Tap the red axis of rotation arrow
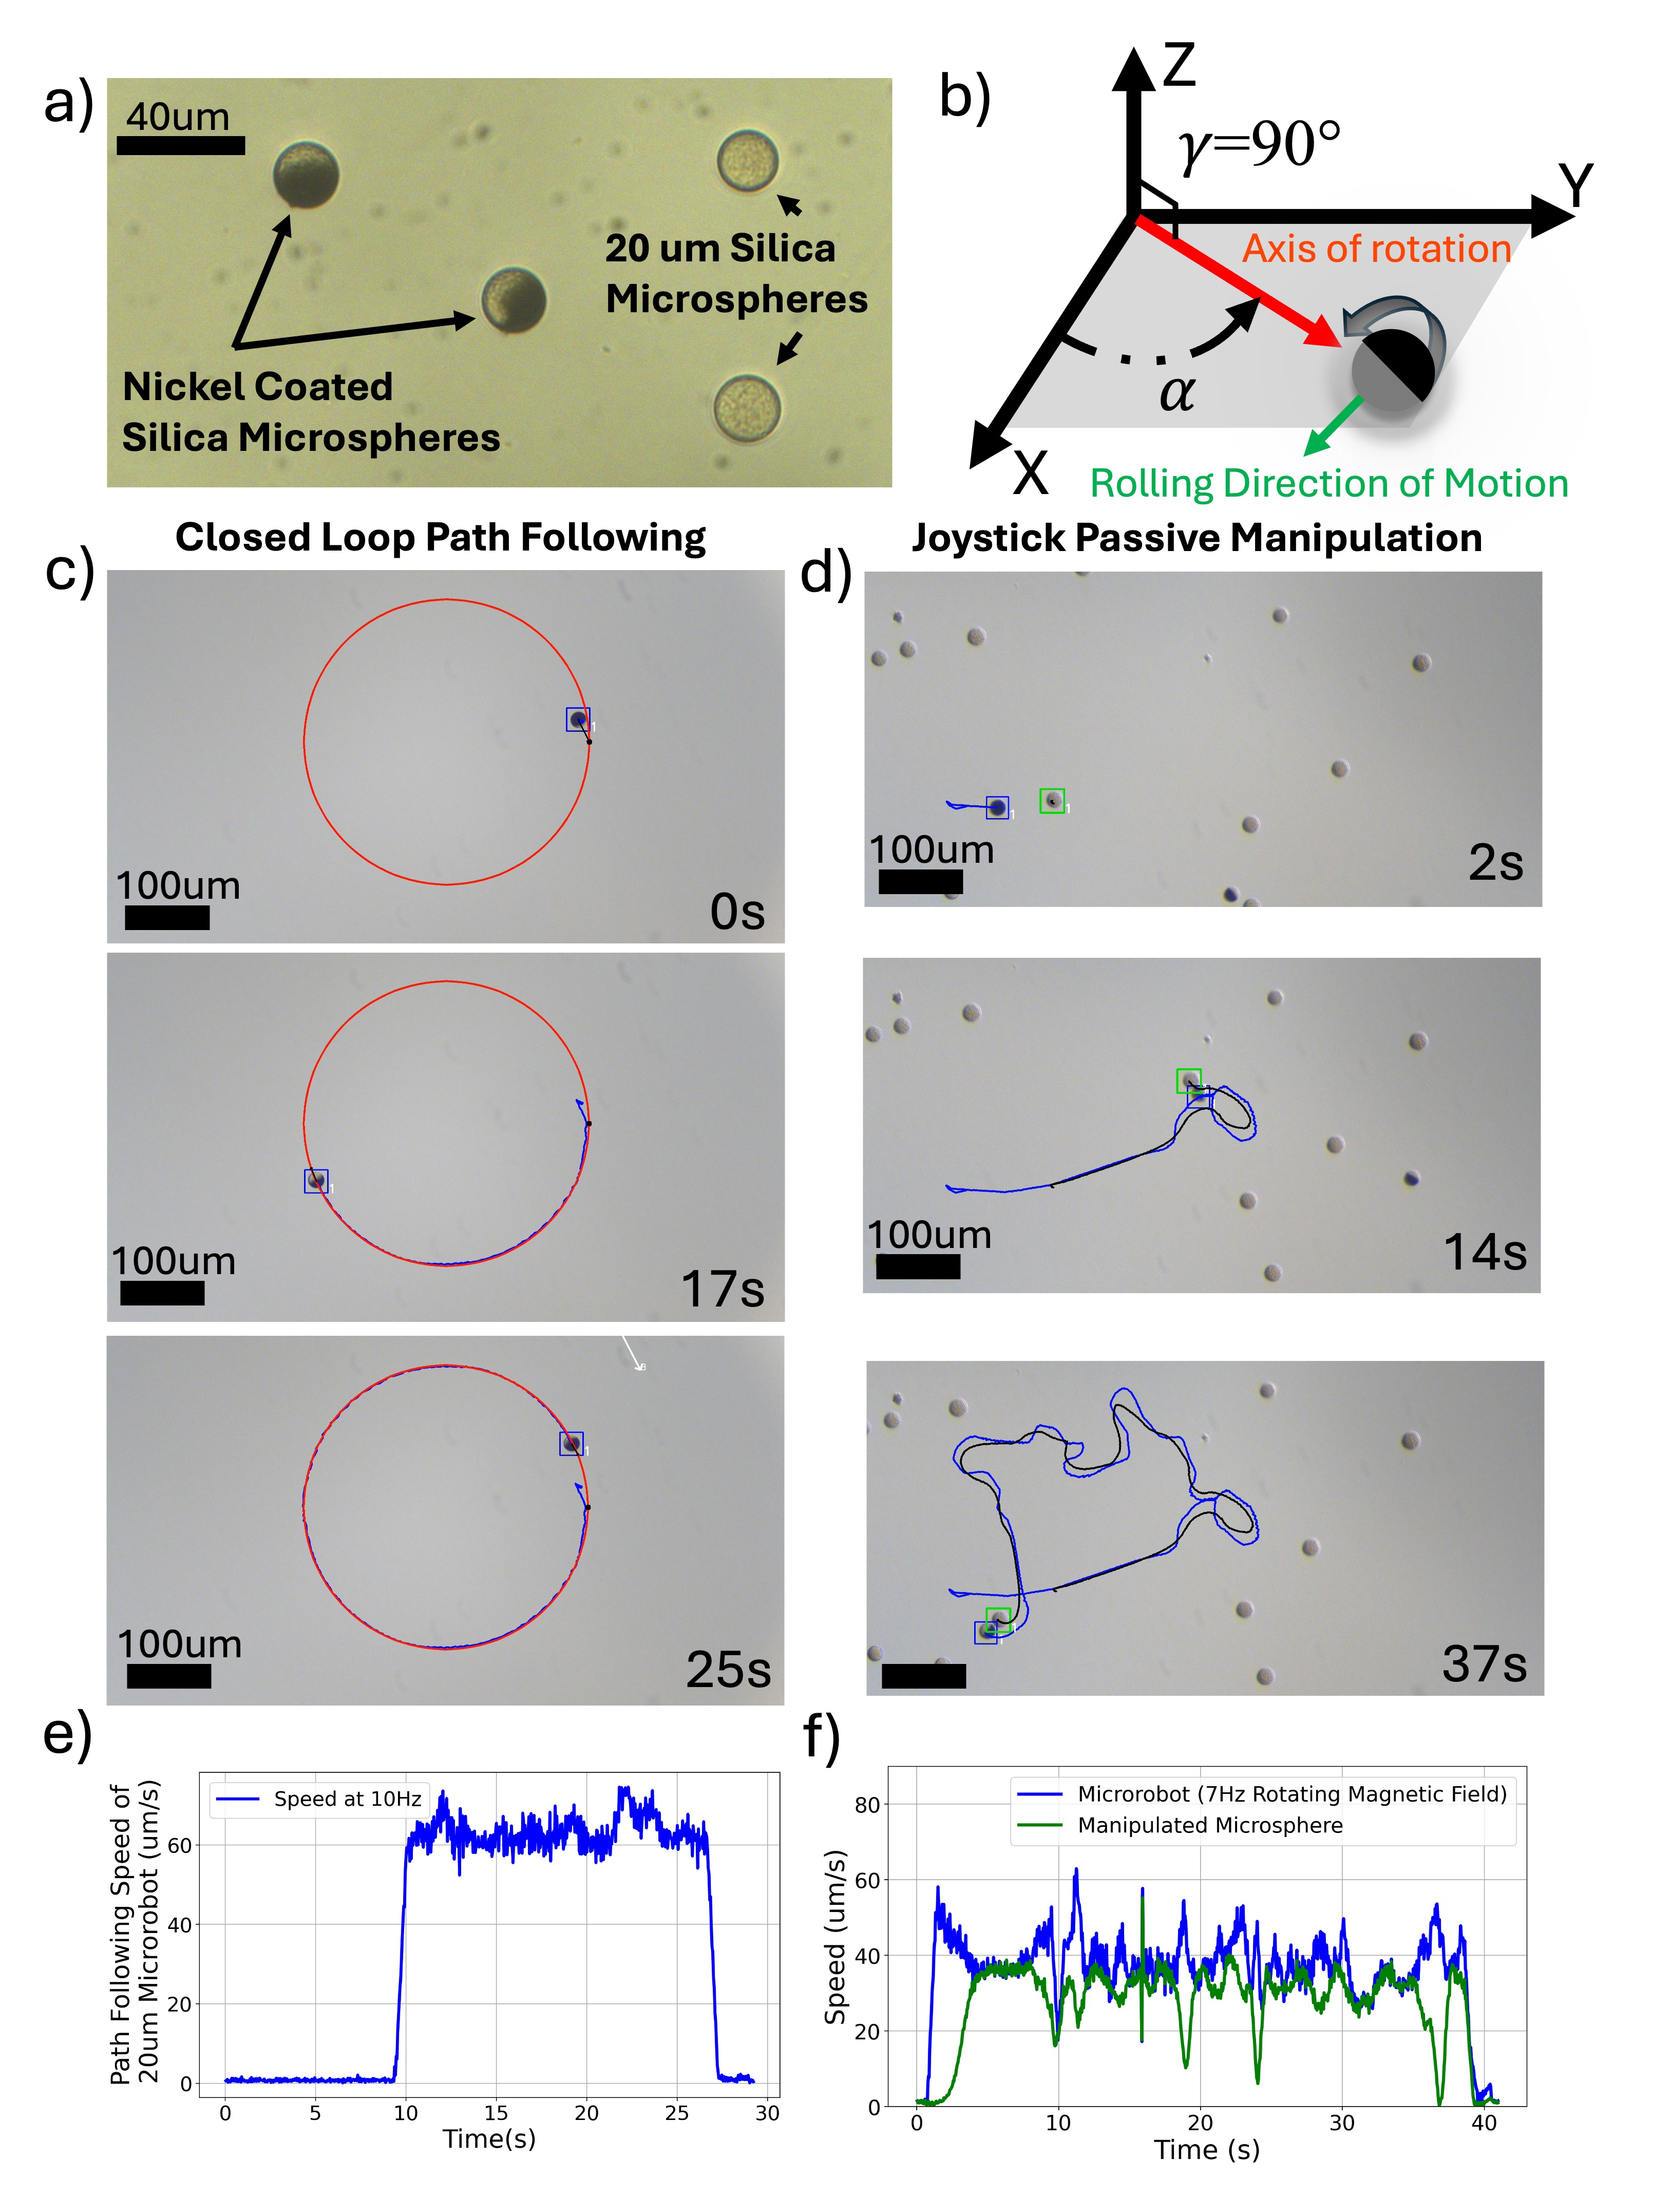[x=1238, y=281]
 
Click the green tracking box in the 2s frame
[x=1052, y=801]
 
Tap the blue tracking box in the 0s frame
[x=578, y=719]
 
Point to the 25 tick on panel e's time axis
[x=676, y=2112]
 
